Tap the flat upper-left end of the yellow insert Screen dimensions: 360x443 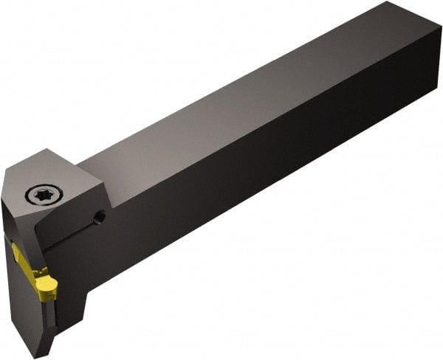click(x=16, y=252)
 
